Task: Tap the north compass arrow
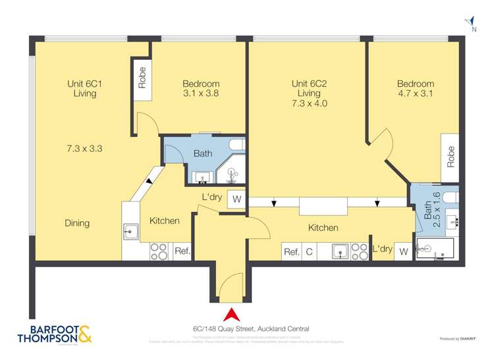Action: pyautogui.click(x=469, y=20)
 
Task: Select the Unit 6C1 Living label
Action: pyautogui.click(x=84, y=89)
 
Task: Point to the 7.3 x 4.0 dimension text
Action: pyautogui.click(x=310, y=103)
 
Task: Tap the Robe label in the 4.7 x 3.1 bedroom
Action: pyautogui.click(x=451, y=155)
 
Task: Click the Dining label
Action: pyautogui.click(x=77, y=223)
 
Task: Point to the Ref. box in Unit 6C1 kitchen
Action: pyautogui.click(x=182, y=251)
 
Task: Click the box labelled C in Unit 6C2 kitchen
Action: pyautogui.click(x=309, y=251)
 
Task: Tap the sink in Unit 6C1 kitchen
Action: pyautogui.click(x=130, y=230)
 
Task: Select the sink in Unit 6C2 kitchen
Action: pyautogui.click(x=340, y=251)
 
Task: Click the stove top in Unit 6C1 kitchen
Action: pyautogui.click(x=159, y=251)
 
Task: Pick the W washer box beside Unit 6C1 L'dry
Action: pyautogui.click(x=236, y=199)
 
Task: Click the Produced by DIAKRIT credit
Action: pyautogui.click(x=458, y=339)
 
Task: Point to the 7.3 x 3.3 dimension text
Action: pyautogui.click(x=84, y=149)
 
